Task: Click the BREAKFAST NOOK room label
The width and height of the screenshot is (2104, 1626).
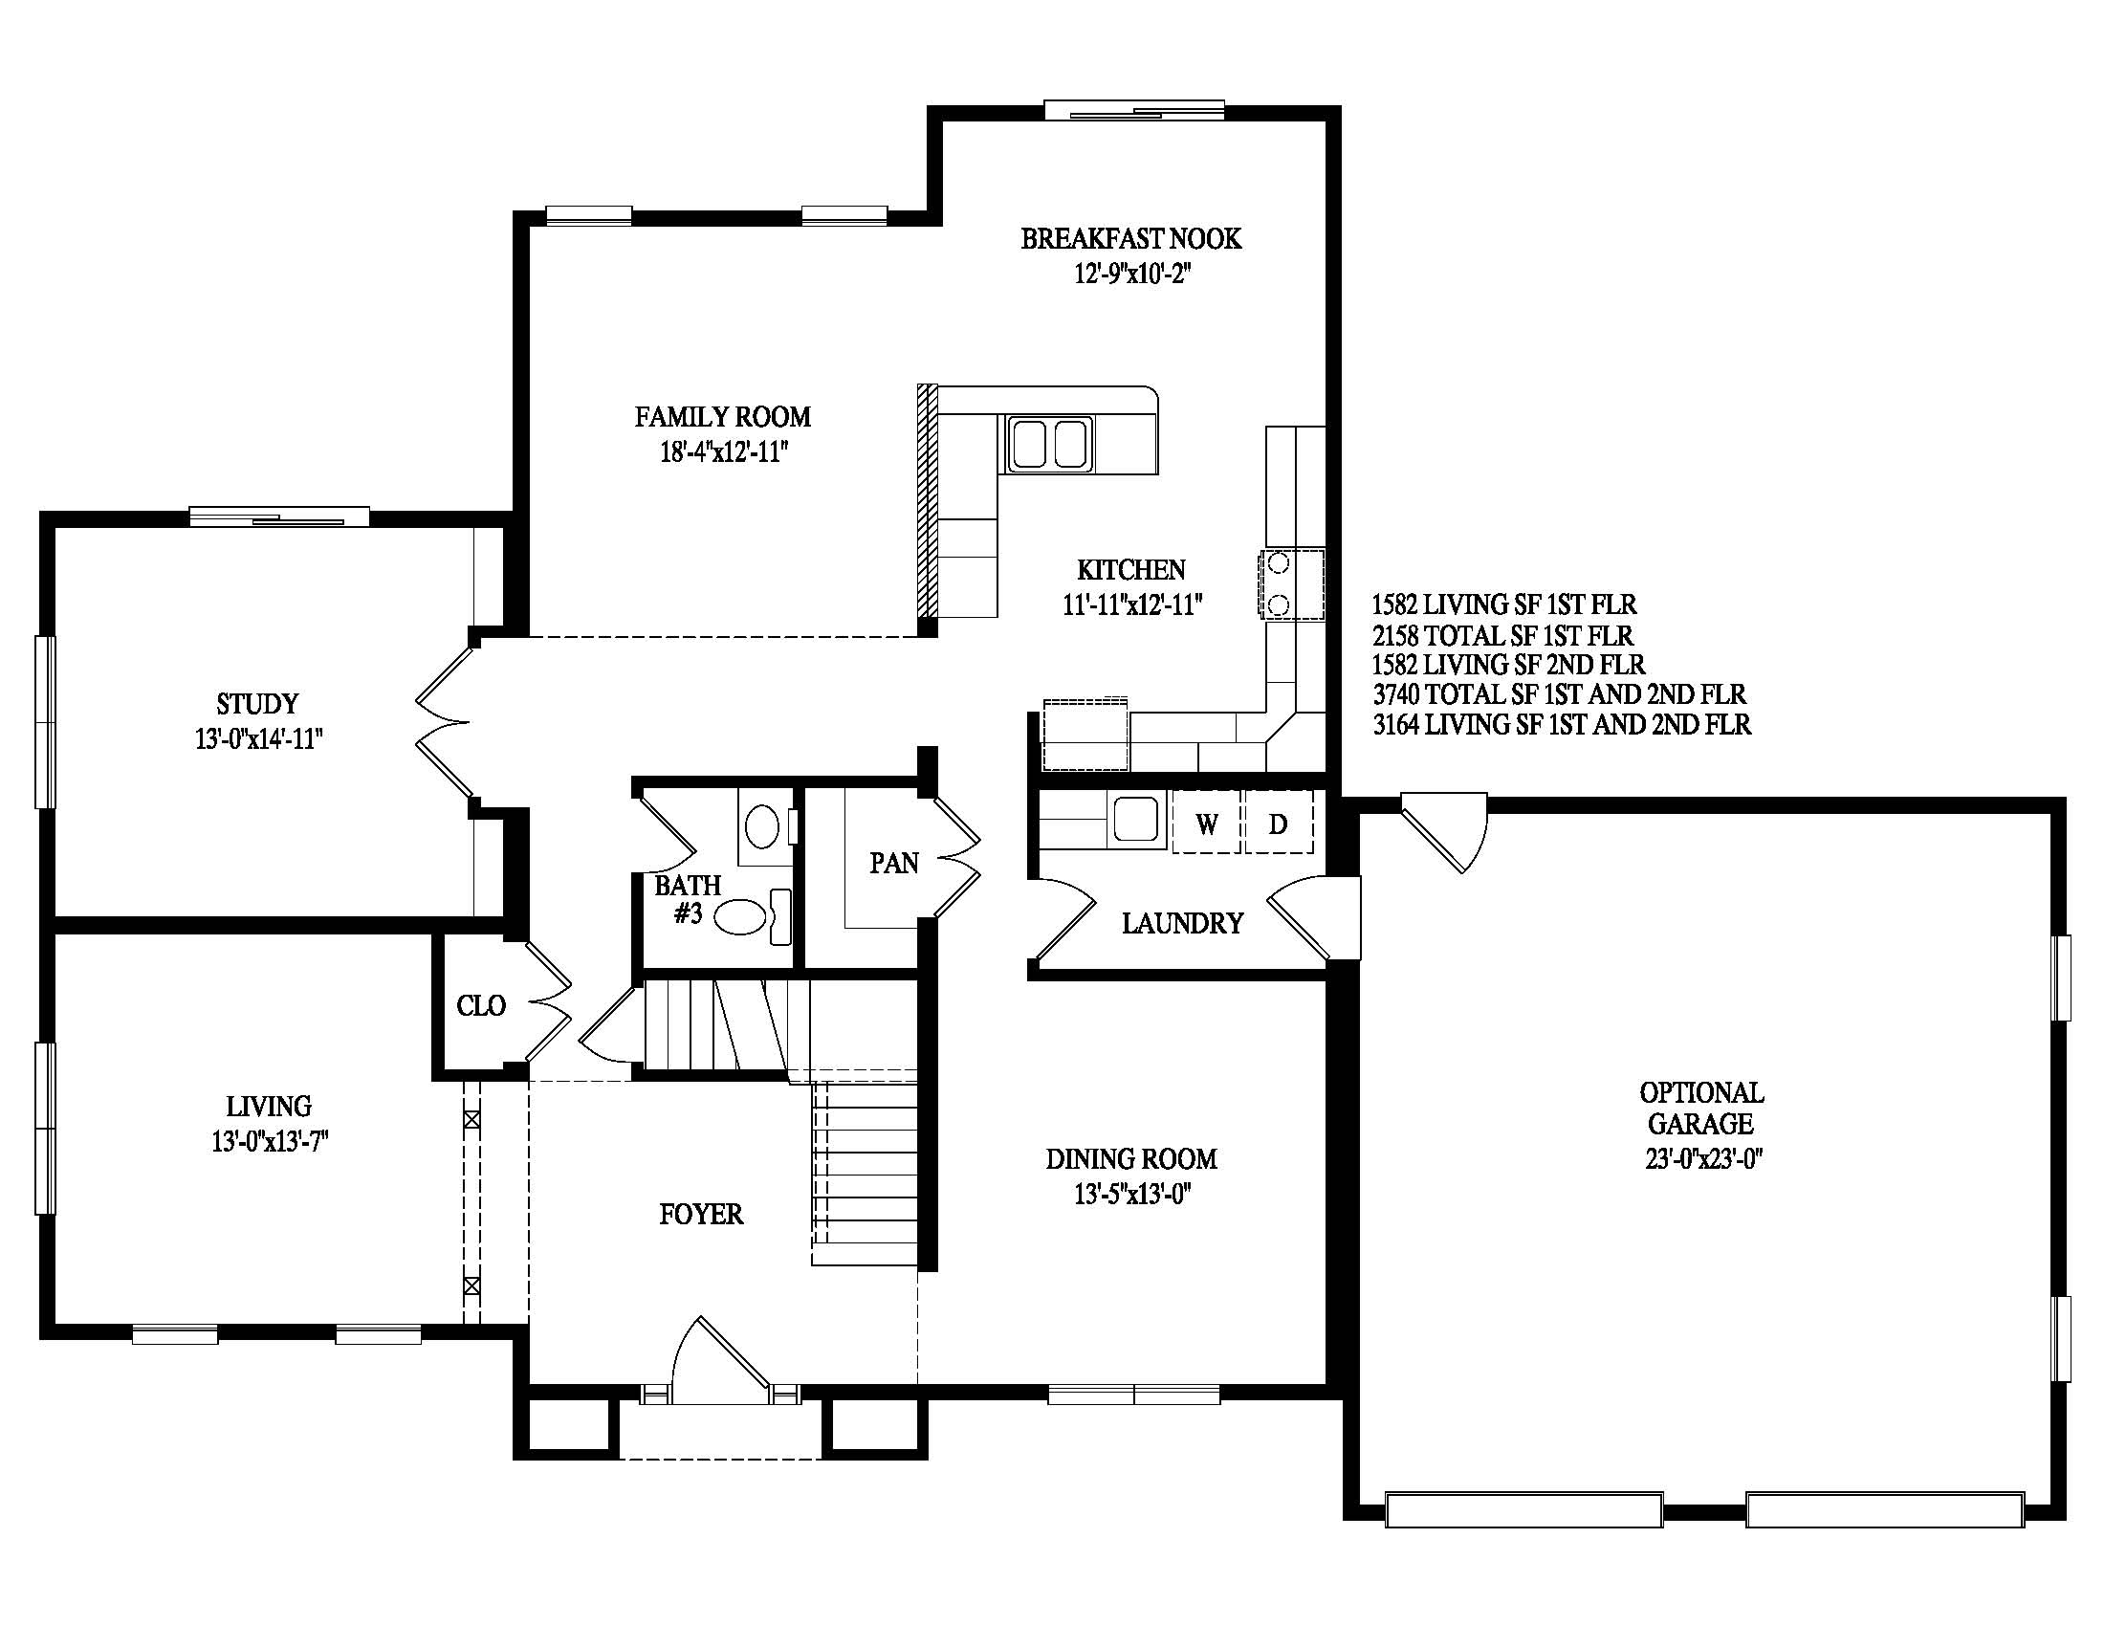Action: tap(1131, 238)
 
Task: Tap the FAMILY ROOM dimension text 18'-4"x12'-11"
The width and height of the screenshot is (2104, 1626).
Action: tap(724, 451)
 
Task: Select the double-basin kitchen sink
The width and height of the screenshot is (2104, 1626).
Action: tap(1049, 443)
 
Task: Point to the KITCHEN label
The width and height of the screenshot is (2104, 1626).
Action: tap(1131, 569)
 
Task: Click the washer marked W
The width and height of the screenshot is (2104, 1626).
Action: tap(1206, 823)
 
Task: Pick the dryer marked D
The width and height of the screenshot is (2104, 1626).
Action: tap(1279, 823)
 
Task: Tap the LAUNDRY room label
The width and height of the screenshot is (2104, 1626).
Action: tap(1182, 923)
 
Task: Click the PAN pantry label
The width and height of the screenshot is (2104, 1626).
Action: tap(894, 862)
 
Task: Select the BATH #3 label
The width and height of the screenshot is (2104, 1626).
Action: tap(688, 899)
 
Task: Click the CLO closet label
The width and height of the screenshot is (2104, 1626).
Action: tap(481, 1005)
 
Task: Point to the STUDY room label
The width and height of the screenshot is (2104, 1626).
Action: tap(257, 703)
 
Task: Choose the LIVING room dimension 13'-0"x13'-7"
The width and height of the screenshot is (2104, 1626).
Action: tap(271, 1142)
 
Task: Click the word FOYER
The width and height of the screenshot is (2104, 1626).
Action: tap(701, 1214)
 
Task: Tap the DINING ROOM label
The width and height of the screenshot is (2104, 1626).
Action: tap(1132, 1158)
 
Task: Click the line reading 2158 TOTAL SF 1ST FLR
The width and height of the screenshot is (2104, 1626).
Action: tap(1502, 636)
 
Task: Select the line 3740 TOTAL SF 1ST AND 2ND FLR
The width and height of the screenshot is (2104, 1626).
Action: tap(1560, 694)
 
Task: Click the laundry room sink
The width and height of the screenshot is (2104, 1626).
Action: tap(1139, 819)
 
